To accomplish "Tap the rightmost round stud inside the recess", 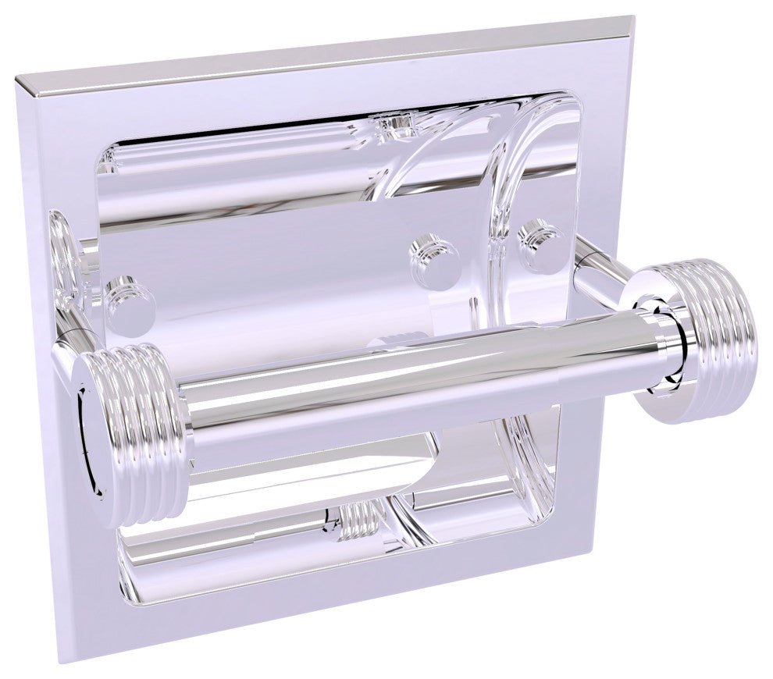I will coord(540,245).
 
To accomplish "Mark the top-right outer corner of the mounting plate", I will coord(631,17).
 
